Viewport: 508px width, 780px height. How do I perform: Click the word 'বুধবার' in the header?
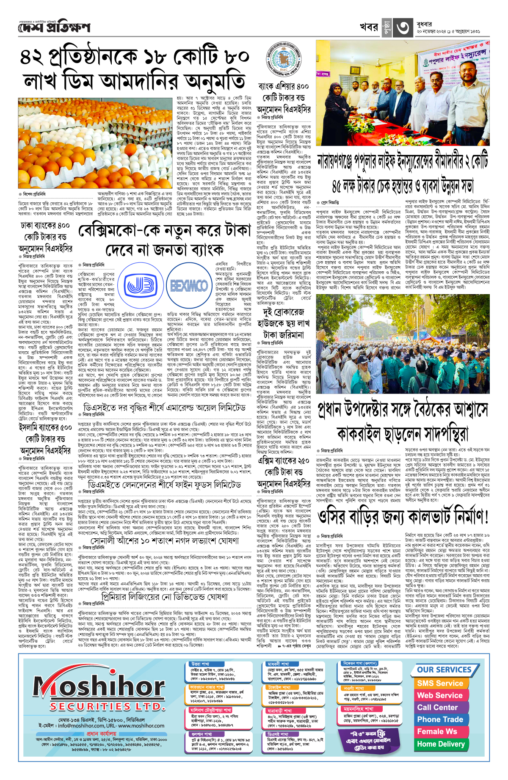(x=425, y=24)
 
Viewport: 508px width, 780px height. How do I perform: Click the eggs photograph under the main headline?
(x=96, y=143)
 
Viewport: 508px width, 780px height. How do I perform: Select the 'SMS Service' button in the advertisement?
(x=440, y=683)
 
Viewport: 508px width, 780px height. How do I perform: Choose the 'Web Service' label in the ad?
(x=440, y=695)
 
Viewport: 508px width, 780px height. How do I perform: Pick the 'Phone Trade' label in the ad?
(x=440, y=719)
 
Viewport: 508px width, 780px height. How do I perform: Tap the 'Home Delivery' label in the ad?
(x=440, y=744)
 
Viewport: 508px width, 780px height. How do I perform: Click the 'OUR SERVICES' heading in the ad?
(x=444, y=670)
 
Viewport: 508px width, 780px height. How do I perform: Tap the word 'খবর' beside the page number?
(x=369, y=27)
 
